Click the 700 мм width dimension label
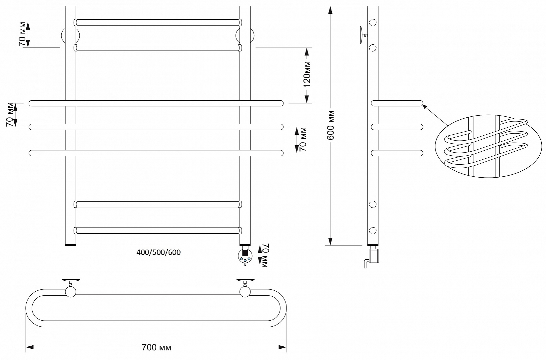[157, 347]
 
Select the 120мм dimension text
[307, 74]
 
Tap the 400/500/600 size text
[159, 252]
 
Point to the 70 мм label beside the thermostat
[264, 255]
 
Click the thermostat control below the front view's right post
[245, 256]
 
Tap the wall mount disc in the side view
[361, 35]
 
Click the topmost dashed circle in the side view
[373, 23]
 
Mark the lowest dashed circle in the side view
[373, 230]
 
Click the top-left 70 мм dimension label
[22, 34]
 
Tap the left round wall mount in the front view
[70, 36]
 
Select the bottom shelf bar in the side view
[397, 153]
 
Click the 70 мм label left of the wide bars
[10, 114]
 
